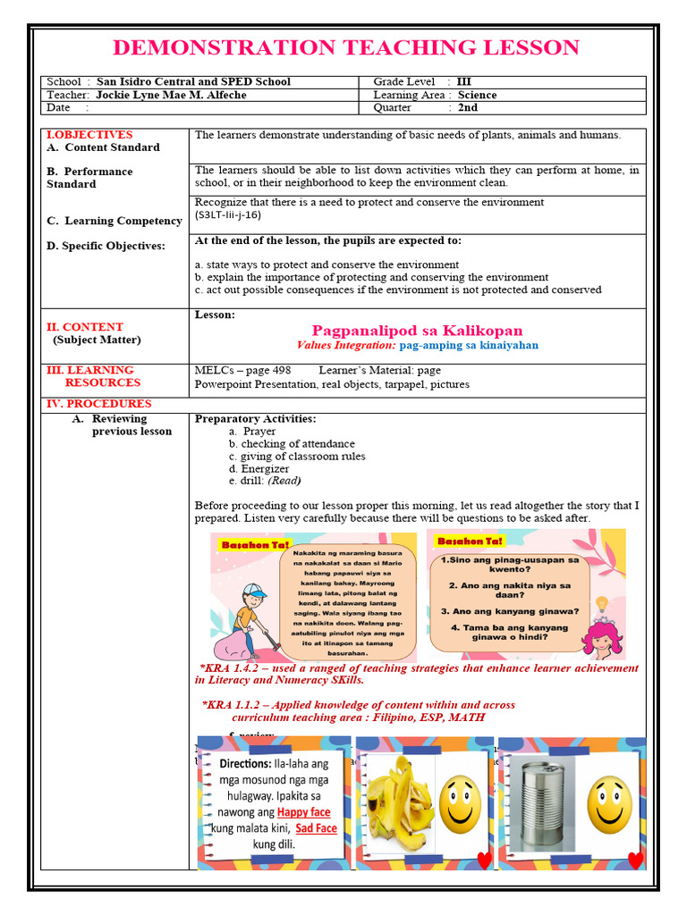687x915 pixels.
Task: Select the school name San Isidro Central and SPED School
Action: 193,81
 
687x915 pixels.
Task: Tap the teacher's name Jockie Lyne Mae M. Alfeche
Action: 171,95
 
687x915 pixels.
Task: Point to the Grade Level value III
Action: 463,81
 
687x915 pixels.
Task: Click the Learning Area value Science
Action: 477,95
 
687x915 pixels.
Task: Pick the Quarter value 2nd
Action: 467,107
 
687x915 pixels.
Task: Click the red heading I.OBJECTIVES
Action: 89,135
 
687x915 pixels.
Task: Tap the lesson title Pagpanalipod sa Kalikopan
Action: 417,331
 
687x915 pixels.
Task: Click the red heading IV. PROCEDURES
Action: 99,404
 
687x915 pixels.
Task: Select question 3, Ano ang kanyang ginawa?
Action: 509,611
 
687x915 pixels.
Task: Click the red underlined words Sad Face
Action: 316,827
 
